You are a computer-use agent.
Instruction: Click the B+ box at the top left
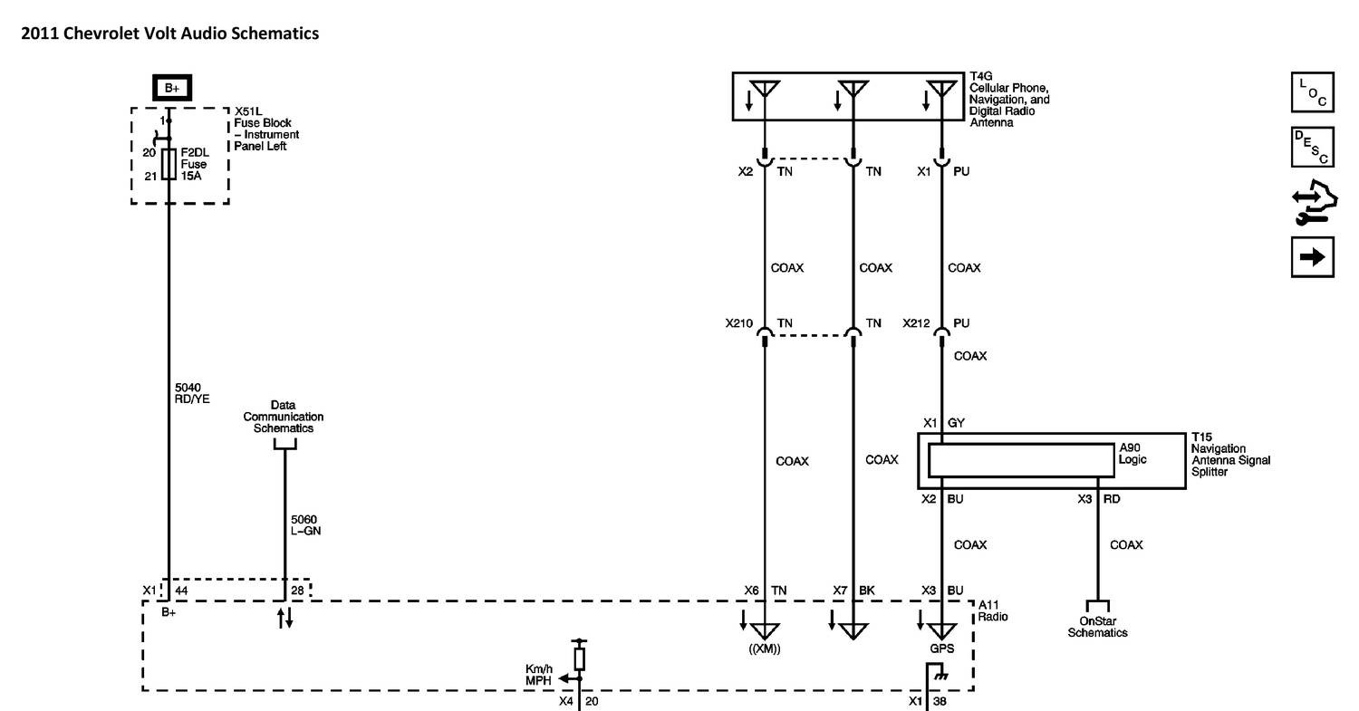click(171, 88)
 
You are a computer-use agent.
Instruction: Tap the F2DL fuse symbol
click(169, 164)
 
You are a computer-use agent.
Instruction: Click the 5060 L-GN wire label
click(305, 525)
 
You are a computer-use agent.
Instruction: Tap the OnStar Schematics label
click(1097, 627)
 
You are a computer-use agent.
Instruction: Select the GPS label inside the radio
click(941, 649)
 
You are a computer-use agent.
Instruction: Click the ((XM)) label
click(765, 649)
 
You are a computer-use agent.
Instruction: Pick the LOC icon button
click(1312, 93)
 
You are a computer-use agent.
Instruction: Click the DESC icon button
click(1312, 147)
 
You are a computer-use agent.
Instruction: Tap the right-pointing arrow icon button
click(1312, 257)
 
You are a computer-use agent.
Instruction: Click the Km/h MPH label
click(539, 674)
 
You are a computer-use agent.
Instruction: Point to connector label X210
click(739, 323)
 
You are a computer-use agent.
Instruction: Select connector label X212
click(917, 323)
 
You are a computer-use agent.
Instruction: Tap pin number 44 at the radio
click(181, 591)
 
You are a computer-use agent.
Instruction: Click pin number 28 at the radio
click(297, 591)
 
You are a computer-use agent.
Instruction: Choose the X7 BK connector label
click(853, 591)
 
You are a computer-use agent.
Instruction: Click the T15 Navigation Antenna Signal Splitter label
click(1230, 455)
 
